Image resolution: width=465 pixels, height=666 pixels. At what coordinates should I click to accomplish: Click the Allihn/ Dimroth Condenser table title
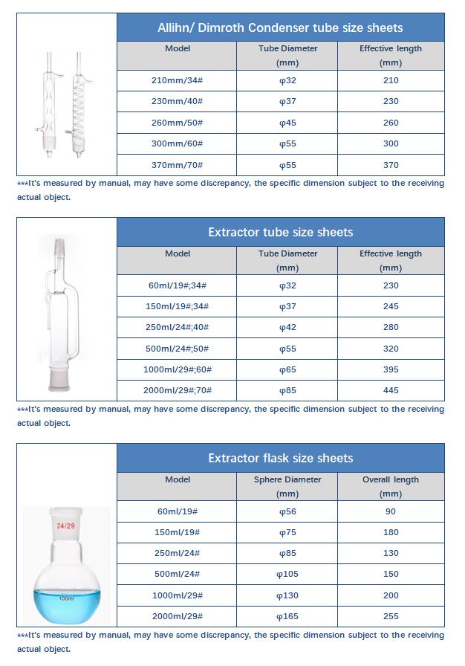click(x=281, y=28)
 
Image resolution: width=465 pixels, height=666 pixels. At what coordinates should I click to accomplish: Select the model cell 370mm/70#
click(x=177, y=165)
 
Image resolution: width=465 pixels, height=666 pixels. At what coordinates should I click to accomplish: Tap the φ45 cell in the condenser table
click(x=287, y=123)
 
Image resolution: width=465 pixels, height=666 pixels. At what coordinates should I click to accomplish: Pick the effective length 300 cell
click(x=390, y=143)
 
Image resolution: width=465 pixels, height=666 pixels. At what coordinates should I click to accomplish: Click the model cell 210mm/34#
click(x=177, y=80)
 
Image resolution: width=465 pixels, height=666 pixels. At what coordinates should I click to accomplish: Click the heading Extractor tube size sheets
click(x=281, y=232)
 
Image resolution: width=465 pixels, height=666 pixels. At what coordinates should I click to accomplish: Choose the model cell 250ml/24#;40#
click(x=177, y=327)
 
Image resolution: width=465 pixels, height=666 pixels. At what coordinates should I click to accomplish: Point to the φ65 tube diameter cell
click(x=287, y=369)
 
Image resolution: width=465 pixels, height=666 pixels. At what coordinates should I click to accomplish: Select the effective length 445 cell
click(x=390, y=390)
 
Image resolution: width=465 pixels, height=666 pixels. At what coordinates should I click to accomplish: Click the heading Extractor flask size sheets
click(x=281, y=458)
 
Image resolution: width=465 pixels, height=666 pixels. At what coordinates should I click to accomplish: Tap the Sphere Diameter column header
click(x=287, y=486)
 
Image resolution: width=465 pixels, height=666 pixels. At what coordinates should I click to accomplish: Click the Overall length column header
click(x=390, y=486)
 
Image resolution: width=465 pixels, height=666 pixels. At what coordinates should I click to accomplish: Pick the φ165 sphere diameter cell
click(x=287, y=616)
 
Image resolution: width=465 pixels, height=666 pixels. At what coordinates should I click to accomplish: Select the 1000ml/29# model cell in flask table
click(x=177, y=595)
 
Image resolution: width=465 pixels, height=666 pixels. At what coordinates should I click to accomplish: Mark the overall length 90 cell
click(x=390, y=511)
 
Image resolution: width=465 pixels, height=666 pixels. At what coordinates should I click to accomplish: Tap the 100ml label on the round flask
click(x=66, y=598)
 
